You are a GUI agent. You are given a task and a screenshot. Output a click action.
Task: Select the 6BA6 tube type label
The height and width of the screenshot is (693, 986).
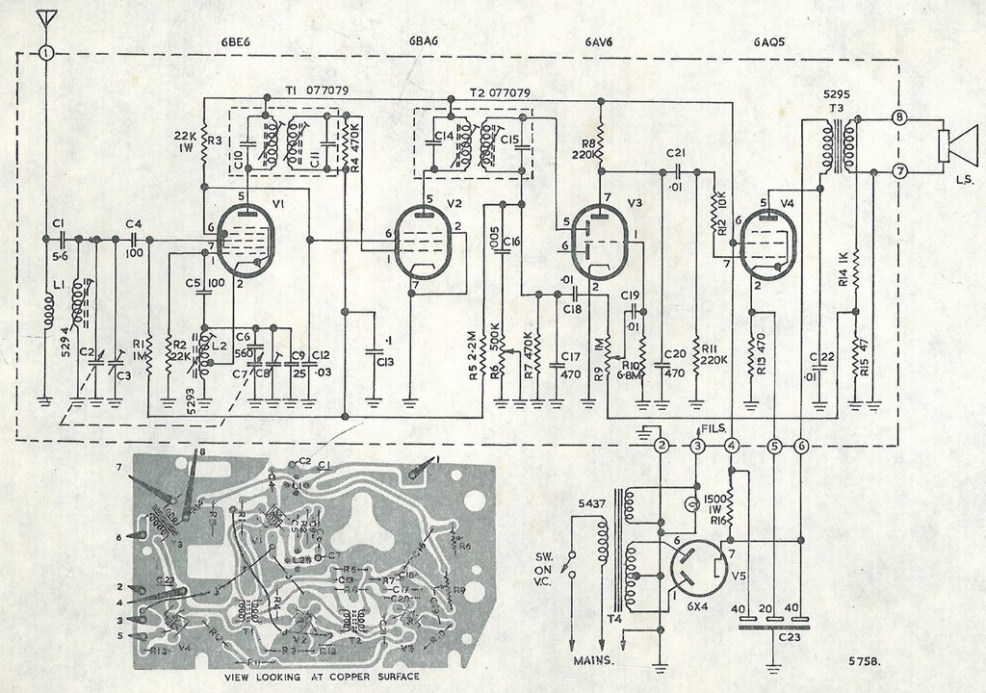(x=425, y=41)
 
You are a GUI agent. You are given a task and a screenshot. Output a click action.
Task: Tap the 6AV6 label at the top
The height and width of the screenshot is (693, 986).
(x=600, y=41)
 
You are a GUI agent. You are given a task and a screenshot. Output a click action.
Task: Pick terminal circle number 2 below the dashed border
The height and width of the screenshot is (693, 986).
(x=661, y=446)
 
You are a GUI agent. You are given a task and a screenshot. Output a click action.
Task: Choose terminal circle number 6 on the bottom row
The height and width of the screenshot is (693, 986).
(x=802, y=446)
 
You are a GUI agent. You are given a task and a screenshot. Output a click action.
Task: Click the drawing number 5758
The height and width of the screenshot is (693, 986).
(x=866, y=661)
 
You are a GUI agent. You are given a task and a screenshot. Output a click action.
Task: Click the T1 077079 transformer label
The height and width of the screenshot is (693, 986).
(x=318, y=91)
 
